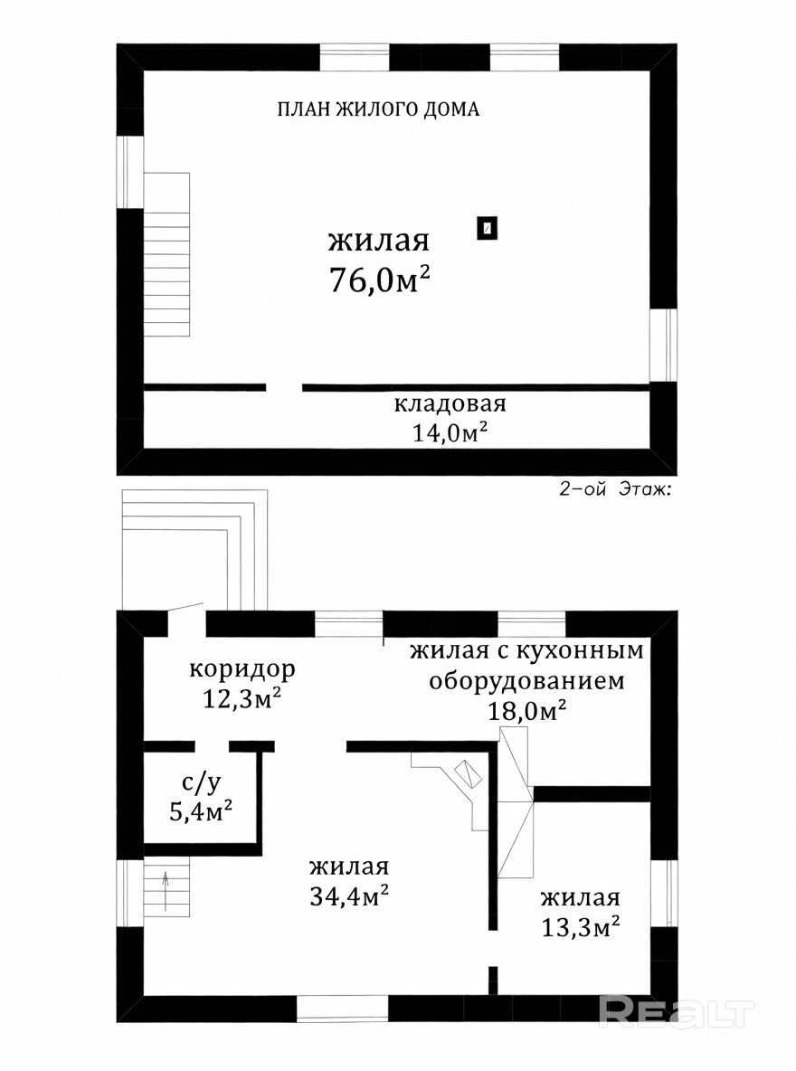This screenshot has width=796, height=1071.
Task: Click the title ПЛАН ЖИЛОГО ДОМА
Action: [x=378, y=109]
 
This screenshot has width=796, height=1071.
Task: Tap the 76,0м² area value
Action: [x=380, y=279]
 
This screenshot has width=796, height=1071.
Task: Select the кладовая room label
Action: [x=450, y=403]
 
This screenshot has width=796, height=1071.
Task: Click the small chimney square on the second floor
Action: [x=487, y=229]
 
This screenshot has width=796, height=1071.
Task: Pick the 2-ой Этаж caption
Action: [x=616, y=489]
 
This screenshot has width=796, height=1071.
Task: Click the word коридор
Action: [x=242, y=668]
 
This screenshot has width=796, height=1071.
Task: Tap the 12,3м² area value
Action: [x=242, y=698]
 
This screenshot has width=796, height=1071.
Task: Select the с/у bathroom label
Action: [x=201, y=783]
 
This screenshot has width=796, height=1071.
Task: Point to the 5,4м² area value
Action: [x=201, y=812]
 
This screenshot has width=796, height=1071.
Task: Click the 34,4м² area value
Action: [x=350, y=896]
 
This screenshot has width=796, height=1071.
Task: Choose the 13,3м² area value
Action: [x=581, y=927]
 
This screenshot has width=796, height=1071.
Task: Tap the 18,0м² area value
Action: [x=526, y=711]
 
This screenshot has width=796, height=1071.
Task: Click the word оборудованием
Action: [x=526, y=681]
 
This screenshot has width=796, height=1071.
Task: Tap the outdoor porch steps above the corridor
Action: [x=194, y=549]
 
